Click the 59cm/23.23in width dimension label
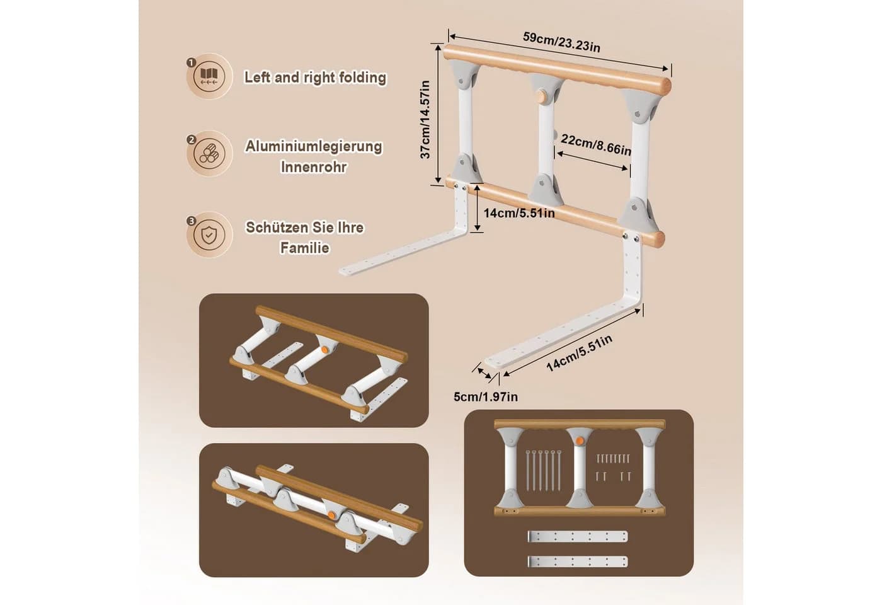[561, 42]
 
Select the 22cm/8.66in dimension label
[596, 144]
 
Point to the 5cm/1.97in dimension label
[486, 396]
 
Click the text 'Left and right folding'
[316, 77]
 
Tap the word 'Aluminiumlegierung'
[314, 146]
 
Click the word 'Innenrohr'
[314, 167]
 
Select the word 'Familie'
[305, 248]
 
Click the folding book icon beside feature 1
[209, 76]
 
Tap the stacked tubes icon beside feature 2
[209, 154]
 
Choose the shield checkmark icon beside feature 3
[209, 234]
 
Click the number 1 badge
[192, 62]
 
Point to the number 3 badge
[192, 221]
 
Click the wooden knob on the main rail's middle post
[541, 96]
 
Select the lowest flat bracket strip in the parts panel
[578, 562]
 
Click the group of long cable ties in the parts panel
[544, 470]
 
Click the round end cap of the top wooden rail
[666, 85]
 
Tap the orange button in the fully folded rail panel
[331, 516]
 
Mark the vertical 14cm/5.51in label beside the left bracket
[519, 213]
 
